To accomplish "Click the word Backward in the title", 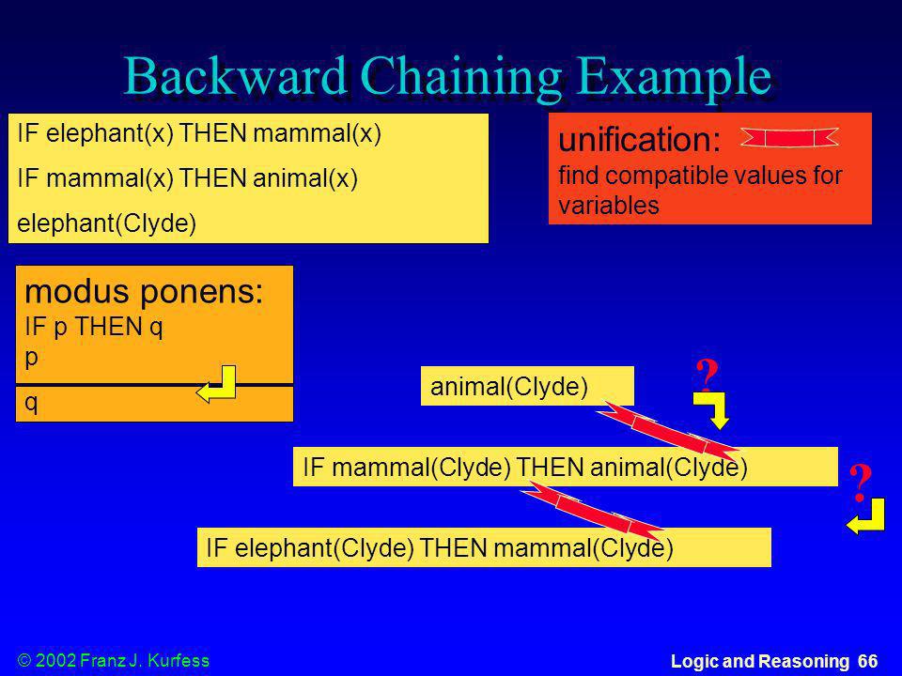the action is pos(235,76).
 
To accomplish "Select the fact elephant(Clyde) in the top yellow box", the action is pos(107,223).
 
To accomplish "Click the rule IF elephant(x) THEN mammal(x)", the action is pos(199,134).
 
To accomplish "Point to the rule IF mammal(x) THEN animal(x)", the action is pos(188,178).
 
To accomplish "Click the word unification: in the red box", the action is pos(640,140).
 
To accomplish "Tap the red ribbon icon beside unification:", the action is pos(789,138).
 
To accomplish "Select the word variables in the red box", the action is pos(609,206).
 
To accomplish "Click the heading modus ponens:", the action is pos(144,291).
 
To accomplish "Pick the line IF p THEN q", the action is pos(94,327).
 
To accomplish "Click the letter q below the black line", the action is pos(31,403).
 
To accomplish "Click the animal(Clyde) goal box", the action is pos(527,386).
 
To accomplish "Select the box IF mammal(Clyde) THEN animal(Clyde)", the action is pos(565,467).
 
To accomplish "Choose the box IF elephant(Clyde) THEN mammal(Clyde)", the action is pos(484,547).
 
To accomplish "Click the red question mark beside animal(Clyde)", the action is pos(707,374).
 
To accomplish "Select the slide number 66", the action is pos(868,661).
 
